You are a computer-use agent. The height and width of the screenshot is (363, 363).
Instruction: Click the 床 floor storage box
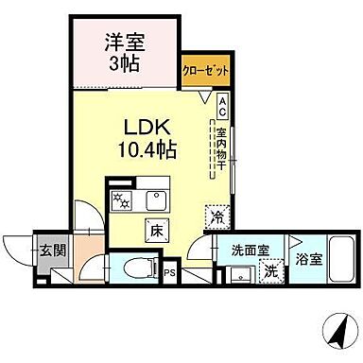click(x=154, y=228)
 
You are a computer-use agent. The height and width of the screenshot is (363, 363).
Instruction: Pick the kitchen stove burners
click(x=122, y=199)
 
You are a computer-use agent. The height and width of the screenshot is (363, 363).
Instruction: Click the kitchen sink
click(x=153, y=199)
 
